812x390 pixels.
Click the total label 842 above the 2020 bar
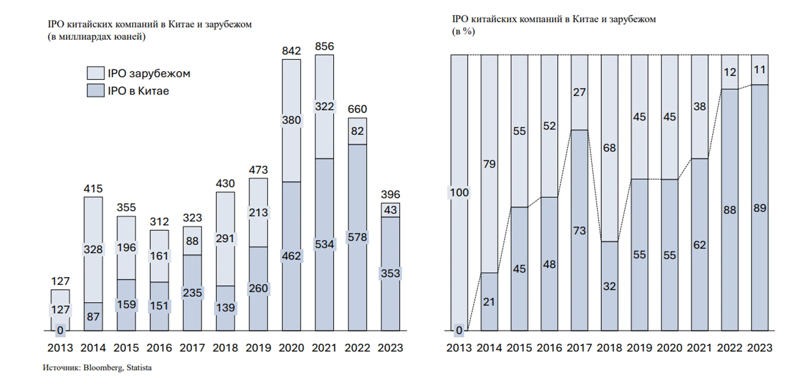(x=291, y=51)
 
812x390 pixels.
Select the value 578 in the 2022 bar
(x=357, y=237)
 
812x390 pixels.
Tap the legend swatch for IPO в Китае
(x=95, y=91)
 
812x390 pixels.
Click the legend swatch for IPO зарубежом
(x=95, y=73)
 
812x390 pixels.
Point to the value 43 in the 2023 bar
(x=390, y=210)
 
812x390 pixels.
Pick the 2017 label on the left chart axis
(x=192, y=348)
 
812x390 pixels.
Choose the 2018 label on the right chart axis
(x=609, y=348)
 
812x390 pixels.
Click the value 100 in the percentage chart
(x=459, y=193)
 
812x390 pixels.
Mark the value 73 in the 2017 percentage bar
(x=579, y=230)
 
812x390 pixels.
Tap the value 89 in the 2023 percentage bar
(x=759, y=208)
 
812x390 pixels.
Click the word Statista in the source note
(x=139, y=368)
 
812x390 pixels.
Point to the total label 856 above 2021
(x=324, y=46)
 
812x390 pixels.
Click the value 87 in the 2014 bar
(x=93, y=317)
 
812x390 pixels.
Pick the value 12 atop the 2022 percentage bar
(x=730, y=72)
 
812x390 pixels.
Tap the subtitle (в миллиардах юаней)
(x=97, y=37)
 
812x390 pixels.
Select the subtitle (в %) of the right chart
(x=463, y=32)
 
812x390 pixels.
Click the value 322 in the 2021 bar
(x=324, y=107)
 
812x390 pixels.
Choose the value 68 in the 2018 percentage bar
(x=609, y=148)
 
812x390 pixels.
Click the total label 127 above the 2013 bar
(x=60, y=281)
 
